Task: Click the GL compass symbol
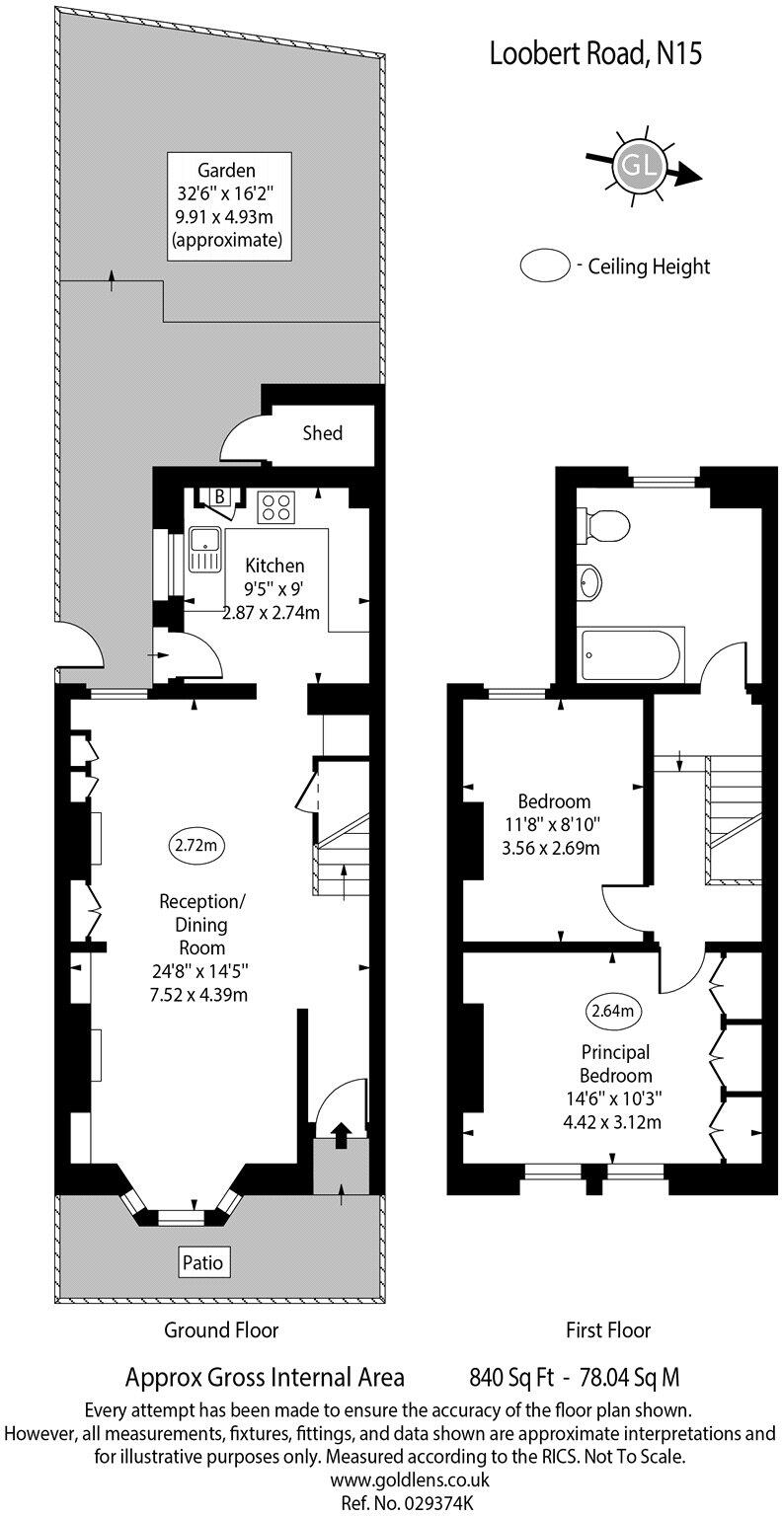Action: point(639,165)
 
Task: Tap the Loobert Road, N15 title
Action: point(595,55)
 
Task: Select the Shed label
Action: point(323,432)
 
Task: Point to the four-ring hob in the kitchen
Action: point(275,507)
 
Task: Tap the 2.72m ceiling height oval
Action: point(195,846)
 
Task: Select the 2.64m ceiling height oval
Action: point(611,1010)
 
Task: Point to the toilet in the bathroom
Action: point(605,525)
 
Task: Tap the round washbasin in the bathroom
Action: point(590,582)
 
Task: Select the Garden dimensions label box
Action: point(229,205)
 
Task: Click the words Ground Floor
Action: point(220,1329)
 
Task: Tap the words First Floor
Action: point(608,1329)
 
